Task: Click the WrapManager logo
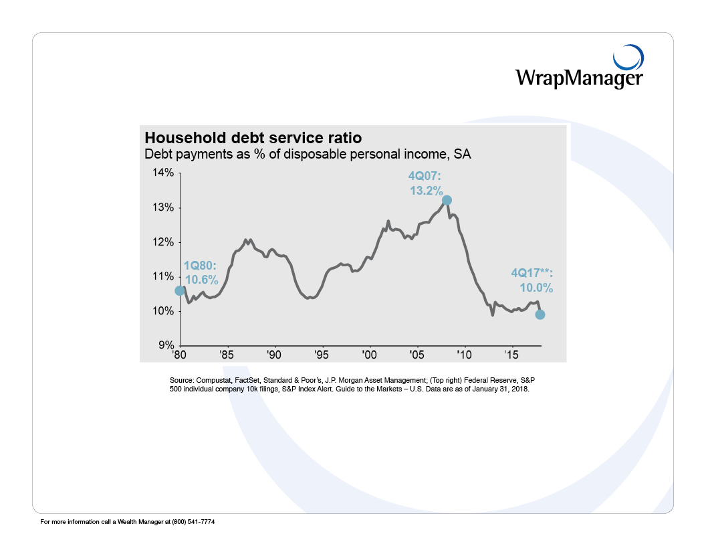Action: tap(579, 70)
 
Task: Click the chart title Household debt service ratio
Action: tap(253, 138)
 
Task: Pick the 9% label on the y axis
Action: tap(164, 345)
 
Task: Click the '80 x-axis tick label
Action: tap(179, 354)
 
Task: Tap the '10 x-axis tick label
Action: tap(464, 354)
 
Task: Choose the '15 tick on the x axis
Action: tap(511, 354)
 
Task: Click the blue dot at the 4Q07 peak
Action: tap(447, 200)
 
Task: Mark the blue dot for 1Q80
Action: tap(179, 290)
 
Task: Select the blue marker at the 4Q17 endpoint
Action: tap(540, 314)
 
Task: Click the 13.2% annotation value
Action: tap(426, 191)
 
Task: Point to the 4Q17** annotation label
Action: tap(532, 274)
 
